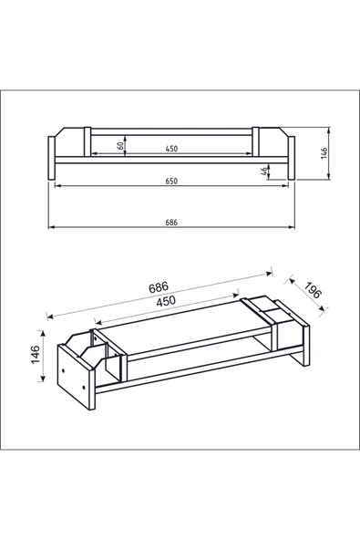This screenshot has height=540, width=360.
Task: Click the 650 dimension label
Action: click(x=171, y=182)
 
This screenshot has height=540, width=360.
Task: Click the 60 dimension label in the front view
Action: click(x=120, y=145)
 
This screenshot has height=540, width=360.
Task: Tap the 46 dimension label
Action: click(x=264, y=171)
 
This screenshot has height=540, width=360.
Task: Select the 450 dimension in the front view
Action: click(x=171, y=149)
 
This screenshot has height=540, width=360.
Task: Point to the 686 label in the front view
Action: click(x=171, y=223)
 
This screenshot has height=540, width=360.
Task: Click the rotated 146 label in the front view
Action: click(x=324, y=153)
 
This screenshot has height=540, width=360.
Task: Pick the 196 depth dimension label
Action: click(x=314, y=290)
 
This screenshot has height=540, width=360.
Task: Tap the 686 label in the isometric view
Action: click(x=159, y=286)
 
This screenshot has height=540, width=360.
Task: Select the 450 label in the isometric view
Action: click(x=166, y=301)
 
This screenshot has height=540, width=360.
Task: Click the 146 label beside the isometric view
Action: click(x=36, y=354)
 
